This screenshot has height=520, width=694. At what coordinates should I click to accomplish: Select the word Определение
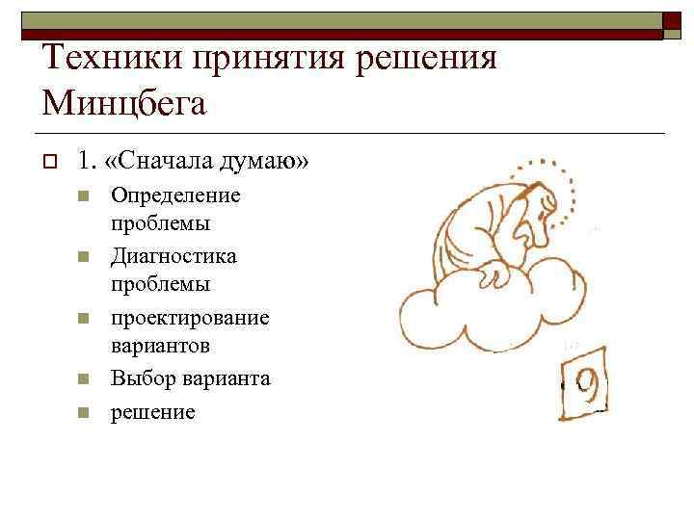pos(175,195)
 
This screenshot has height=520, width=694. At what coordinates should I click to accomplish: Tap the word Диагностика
pos(173,256)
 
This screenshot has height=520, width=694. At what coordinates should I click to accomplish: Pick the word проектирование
pos(190,317)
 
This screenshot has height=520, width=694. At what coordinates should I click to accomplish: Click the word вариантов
pos(159,345)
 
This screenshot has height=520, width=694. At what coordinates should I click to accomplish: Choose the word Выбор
pos(138,378)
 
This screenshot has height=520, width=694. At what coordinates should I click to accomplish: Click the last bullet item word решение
pos(152,412)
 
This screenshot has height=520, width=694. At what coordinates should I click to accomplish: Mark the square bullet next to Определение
pos(83,196)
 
